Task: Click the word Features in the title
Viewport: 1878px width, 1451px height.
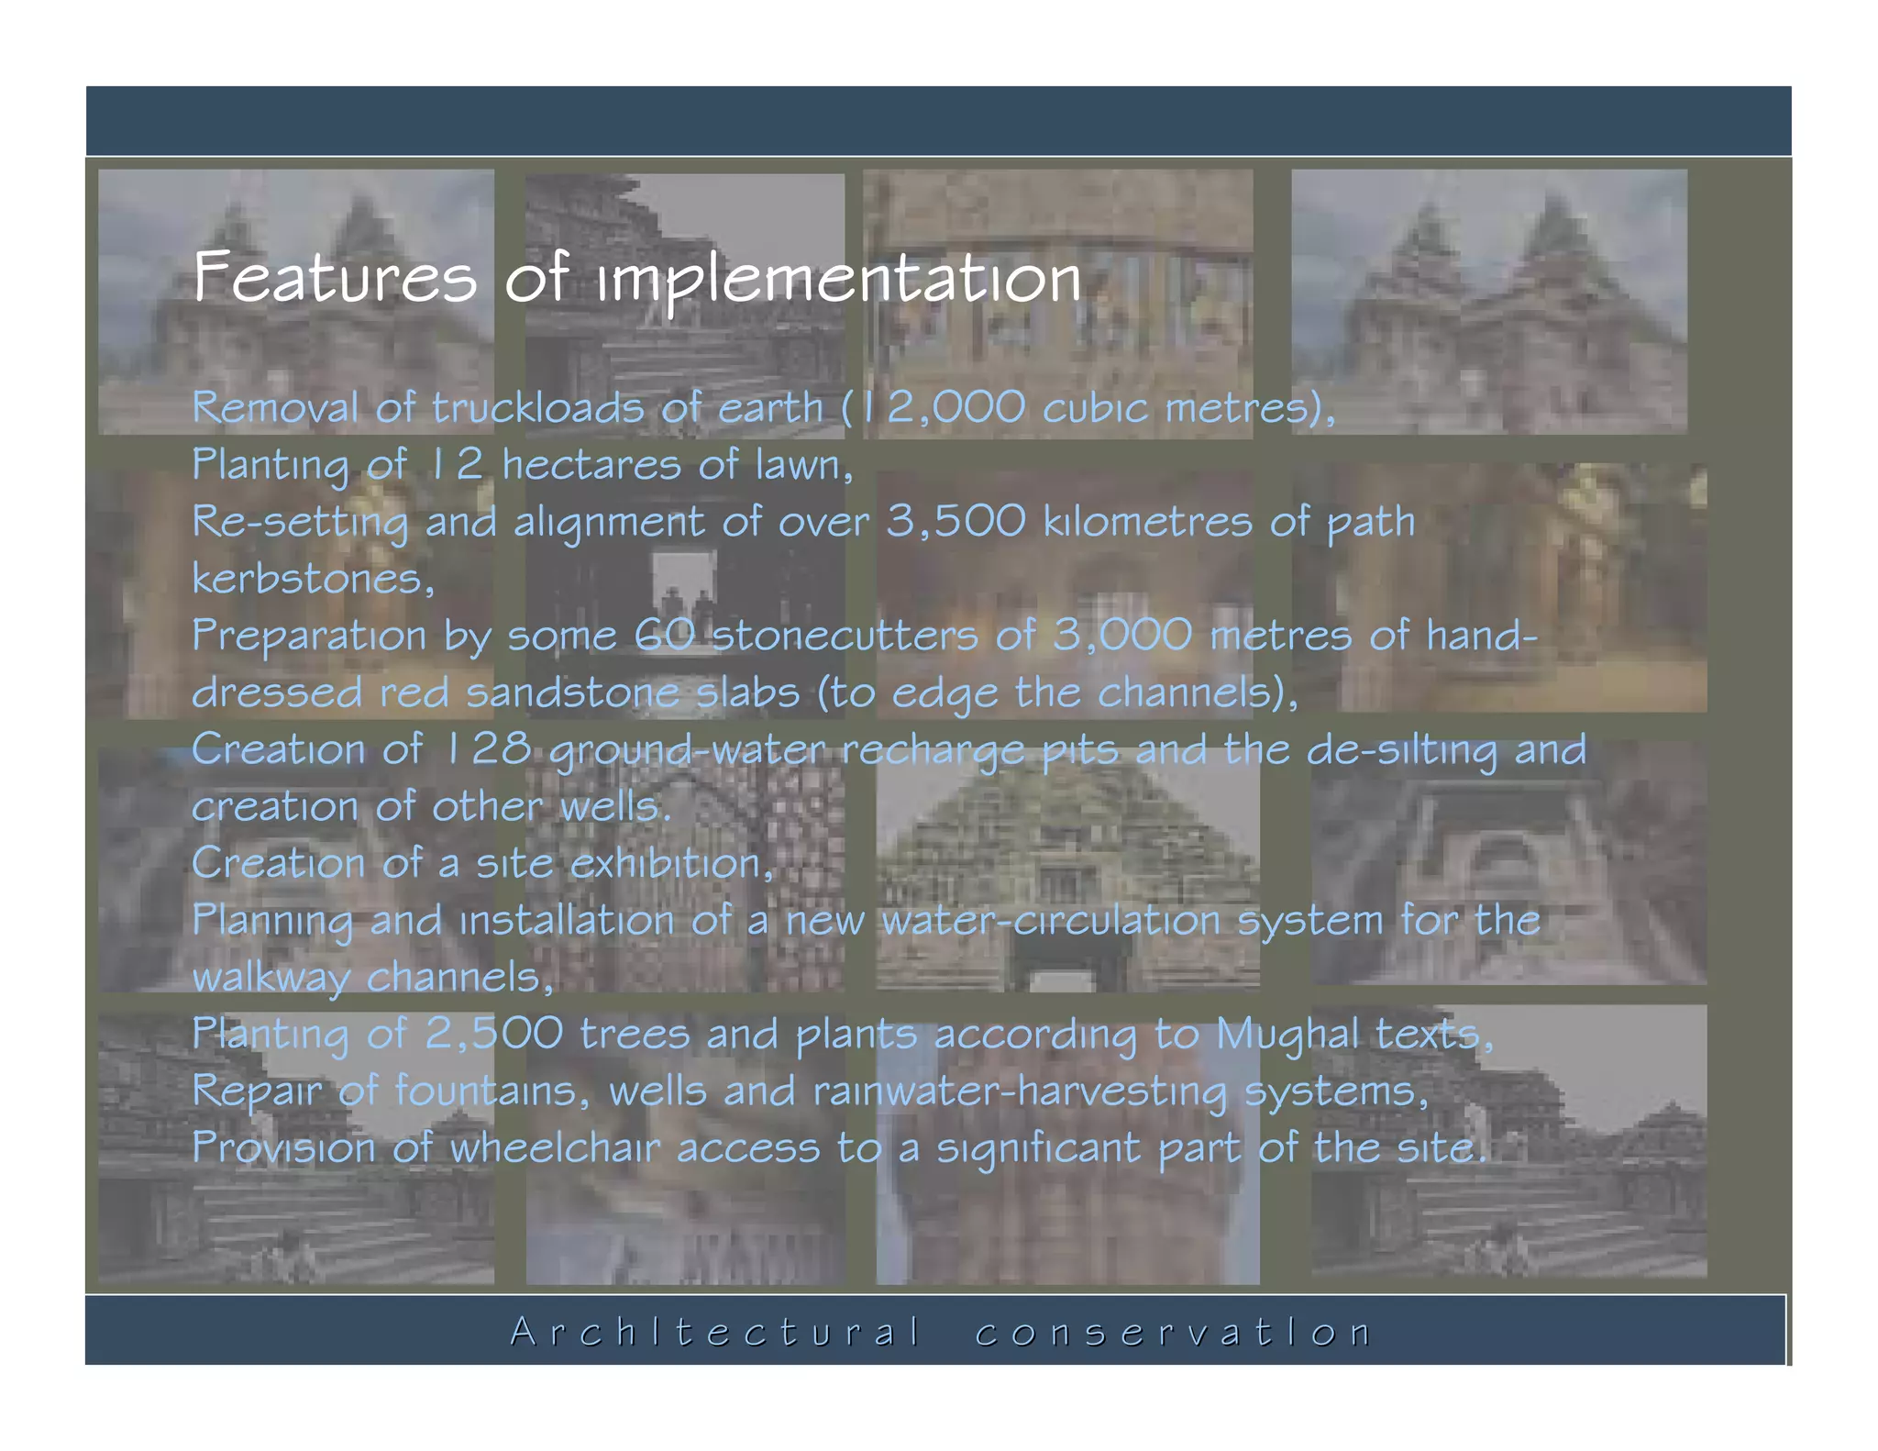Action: [335, 277]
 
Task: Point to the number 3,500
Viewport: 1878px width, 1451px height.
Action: [956, 521]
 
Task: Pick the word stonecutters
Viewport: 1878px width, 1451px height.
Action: [845, 636]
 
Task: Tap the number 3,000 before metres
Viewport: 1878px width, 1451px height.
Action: [1122, 636]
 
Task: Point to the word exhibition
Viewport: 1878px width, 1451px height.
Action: [666, 863]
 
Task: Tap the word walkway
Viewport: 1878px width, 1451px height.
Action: [271, 978]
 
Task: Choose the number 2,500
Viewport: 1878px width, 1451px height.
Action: [493, 1034]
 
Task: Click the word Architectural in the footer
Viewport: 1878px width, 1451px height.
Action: [714, 1332]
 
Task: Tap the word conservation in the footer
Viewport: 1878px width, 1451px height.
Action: [1173, 1332]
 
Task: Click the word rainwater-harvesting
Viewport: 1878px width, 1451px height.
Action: [1019, 1091]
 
